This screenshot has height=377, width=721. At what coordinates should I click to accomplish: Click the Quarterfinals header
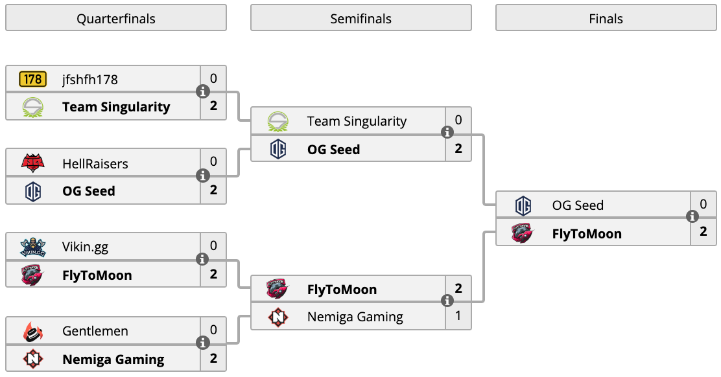[x=116, y=18]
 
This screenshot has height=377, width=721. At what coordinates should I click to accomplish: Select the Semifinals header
[x=361, y=18]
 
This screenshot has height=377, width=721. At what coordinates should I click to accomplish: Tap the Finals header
[x=606, y=18]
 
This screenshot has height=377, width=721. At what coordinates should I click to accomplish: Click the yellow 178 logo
[x=32, y=79]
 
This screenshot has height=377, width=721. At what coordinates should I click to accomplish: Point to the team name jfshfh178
[x=90, y=80]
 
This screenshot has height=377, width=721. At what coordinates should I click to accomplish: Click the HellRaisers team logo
[x=32, y=163]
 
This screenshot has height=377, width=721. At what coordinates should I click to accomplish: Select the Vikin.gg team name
[x=85, y=247]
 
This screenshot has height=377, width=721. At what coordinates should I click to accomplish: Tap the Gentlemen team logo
[x=32, y=331]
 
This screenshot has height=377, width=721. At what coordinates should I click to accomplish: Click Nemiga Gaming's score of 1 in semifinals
[x=458, y=316]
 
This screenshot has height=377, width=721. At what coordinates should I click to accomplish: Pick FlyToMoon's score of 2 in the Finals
[x=703, y=231]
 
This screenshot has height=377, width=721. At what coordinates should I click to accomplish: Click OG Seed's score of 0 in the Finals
[x=703, y=204]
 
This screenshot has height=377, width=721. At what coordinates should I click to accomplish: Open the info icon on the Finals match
[x=692, y=216]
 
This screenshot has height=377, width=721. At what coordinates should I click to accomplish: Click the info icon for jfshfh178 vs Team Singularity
[x=203, y=91]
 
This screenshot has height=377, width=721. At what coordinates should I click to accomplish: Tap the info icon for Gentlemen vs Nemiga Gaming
[x=203, y=343]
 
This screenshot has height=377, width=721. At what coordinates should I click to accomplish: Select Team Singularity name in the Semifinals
[x=357, y=121]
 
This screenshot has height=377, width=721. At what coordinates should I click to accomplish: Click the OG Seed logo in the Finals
[x=523, y=205]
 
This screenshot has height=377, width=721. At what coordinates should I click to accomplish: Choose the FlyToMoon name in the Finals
[x=587, y=234]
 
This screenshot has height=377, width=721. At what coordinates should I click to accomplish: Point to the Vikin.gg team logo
[x=32, y=247]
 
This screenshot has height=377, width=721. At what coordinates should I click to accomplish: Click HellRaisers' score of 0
[x=213, y=161]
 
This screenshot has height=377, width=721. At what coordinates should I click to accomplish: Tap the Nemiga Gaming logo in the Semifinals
[x=278, y=317]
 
